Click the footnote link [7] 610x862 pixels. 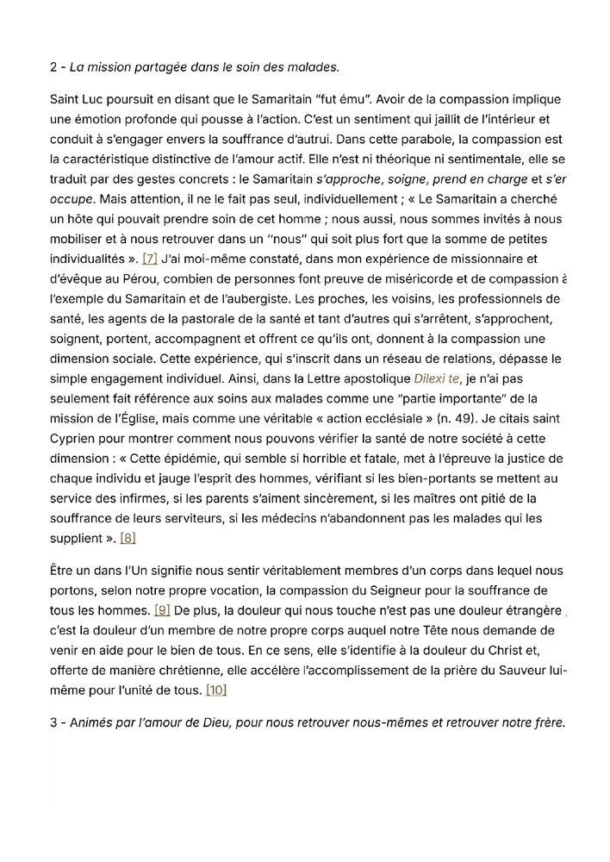click(x=149, y=258)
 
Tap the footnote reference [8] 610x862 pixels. click(x=128, y=538)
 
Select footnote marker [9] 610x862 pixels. click(x=161, y=610)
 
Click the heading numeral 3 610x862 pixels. click(x=54, y=722)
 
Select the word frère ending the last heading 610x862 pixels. click(x=546, y=722)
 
